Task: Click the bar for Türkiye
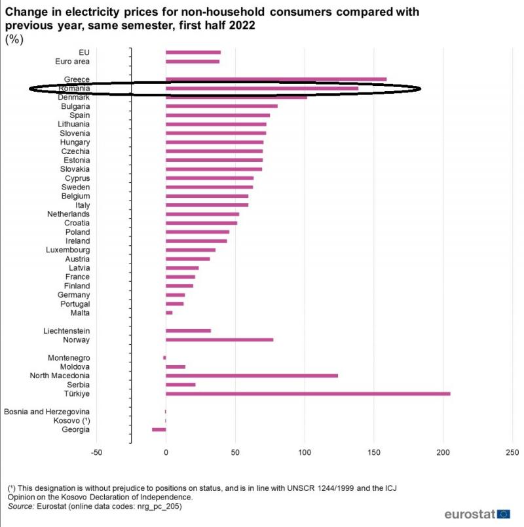(x=308, y=393)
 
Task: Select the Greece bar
(x=276, y=79)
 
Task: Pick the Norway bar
(x=219, y=340)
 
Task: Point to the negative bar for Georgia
(x=159, y=429)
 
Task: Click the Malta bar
(x=169, y=313)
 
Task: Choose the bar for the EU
(x=193, y=52)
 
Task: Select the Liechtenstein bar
(x=188, y=330)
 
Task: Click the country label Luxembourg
(x=67, y=250)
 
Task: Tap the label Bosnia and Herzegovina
(x=47, y=412)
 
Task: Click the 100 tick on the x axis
(x=305, y=453)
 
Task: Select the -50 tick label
(x=96, y=453)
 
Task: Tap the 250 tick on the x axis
(x=512, y=453)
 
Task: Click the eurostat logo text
(x=470, y=514)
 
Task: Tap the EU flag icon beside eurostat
(x=504, y=514)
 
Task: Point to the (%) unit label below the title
(x=14, y=39)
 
